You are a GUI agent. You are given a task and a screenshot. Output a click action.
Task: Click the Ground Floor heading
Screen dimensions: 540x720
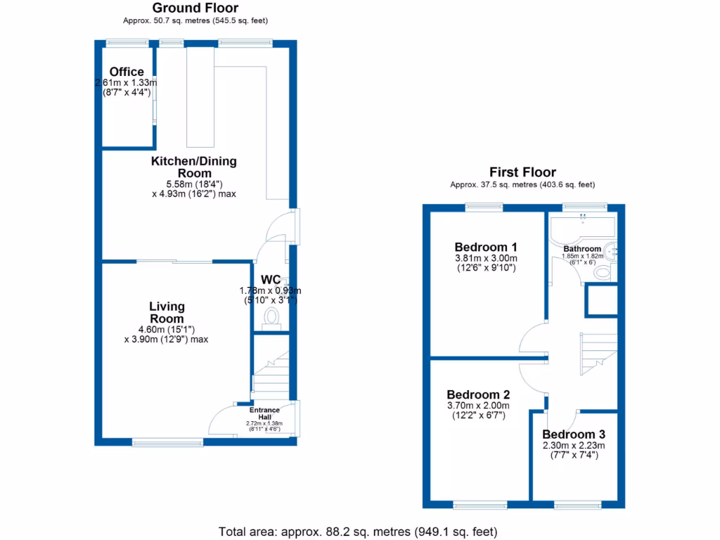(x=195, y=8)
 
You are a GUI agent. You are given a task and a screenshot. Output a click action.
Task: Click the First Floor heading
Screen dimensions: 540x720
(x=522, y=172)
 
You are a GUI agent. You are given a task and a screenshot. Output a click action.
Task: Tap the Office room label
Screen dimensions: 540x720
(x=127, y=72)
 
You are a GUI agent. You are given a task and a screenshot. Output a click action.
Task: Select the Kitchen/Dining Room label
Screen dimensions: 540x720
(x=194, y=167)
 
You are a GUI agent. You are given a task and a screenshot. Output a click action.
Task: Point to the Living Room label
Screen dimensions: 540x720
(x=167, y=312)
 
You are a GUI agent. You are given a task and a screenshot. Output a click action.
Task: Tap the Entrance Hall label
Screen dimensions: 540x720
(x=264, y=413)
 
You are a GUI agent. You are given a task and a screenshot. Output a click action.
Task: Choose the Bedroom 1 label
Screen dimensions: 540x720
(x=486, y=247)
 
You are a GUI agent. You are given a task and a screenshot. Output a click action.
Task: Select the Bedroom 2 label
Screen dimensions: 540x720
(x=478, y=394)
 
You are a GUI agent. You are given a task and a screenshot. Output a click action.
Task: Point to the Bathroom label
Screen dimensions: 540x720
(x=582, y=249)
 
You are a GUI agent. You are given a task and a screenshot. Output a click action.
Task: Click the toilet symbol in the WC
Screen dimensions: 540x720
(x=271, y=320)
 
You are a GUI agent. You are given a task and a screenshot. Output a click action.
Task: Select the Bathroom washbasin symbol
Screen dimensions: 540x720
(x=612, y=251)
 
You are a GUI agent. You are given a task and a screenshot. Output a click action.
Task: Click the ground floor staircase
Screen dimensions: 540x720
(x=271, y=373)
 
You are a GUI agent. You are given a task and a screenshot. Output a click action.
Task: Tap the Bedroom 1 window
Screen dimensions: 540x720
(x=484, y=207)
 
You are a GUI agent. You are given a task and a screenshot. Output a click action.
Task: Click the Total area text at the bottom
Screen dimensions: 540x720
(x=359, y=531)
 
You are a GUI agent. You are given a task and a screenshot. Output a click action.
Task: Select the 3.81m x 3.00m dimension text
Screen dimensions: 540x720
(x=486, y=258)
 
